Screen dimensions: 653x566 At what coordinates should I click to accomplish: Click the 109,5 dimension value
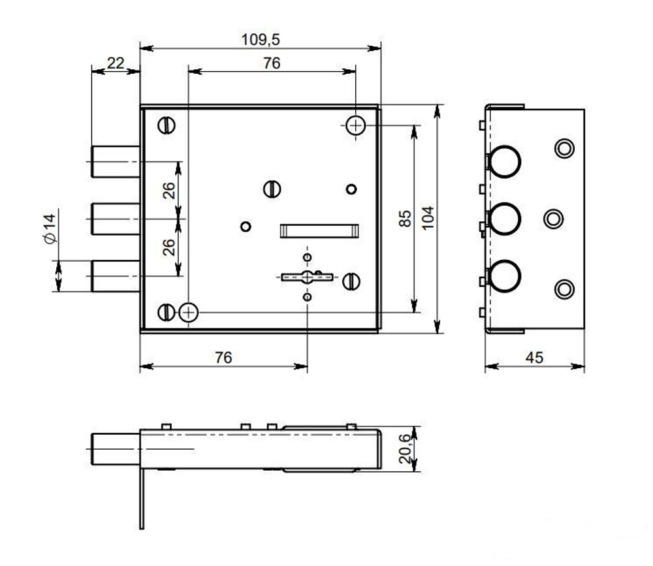261,40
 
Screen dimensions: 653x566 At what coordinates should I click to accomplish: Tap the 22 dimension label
116,63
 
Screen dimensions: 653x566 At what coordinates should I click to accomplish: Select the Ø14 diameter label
50,228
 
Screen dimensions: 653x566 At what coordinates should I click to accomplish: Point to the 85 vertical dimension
405,218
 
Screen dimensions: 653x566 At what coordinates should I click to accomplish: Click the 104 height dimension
428,217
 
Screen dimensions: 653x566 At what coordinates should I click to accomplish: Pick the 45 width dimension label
534,357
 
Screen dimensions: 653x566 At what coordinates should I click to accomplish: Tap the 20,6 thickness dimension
405,448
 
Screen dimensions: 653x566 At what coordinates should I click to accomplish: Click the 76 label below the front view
223,357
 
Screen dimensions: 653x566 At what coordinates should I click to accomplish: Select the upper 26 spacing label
168,191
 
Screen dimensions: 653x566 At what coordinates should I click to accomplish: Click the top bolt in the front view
116,162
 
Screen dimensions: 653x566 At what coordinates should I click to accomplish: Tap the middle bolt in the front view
116,219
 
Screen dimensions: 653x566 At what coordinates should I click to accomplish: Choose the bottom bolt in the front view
116,275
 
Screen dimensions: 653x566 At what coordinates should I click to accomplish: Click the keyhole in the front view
308,277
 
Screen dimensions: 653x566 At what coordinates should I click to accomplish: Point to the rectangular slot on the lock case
319,230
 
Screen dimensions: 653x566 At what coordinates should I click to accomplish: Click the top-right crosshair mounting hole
356,125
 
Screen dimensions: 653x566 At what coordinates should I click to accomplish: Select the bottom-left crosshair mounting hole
188,312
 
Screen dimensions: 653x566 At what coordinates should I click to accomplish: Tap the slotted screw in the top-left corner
167,125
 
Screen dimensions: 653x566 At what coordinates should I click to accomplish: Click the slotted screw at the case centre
272,189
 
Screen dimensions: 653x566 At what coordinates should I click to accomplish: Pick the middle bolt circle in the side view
505,219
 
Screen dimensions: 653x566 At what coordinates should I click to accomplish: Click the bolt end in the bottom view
116,449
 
